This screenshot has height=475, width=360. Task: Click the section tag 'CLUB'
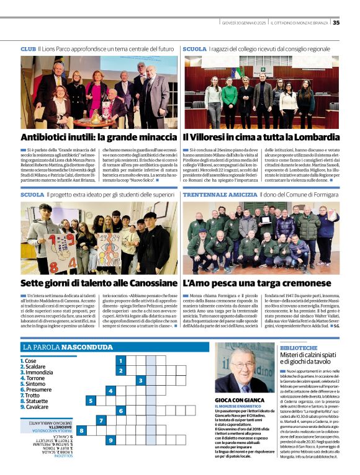tap(28, 48)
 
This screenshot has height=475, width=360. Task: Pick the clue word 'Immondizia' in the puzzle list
tap(39, 372)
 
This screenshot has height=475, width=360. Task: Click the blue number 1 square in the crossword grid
tap(120, 360)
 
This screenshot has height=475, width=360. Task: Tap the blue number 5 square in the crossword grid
tap(91, 401)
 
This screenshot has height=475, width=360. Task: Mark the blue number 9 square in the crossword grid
tap(110, 440)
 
